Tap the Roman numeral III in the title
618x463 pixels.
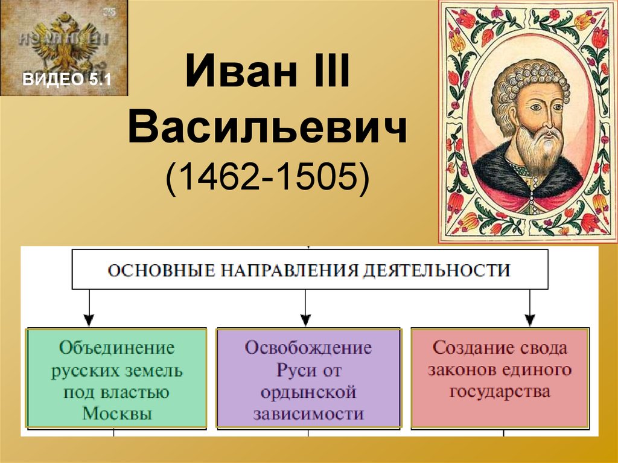[332, 71]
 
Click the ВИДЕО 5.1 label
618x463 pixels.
[67, 79]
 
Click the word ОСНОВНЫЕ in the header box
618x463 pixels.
[162, 271]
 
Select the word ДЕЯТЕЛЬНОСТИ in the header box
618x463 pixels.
[437, 271]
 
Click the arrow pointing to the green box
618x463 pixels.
[89, 308]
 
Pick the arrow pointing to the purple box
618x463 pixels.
[306, 308]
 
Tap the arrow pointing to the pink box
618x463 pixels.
[530, 308]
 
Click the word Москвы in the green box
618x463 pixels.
[117, 414]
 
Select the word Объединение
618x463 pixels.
[117, 348]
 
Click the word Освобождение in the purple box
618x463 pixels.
[308, 348]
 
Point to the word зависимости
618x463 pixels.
[308, 414]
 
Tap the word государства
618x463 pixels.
[500, 392]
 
